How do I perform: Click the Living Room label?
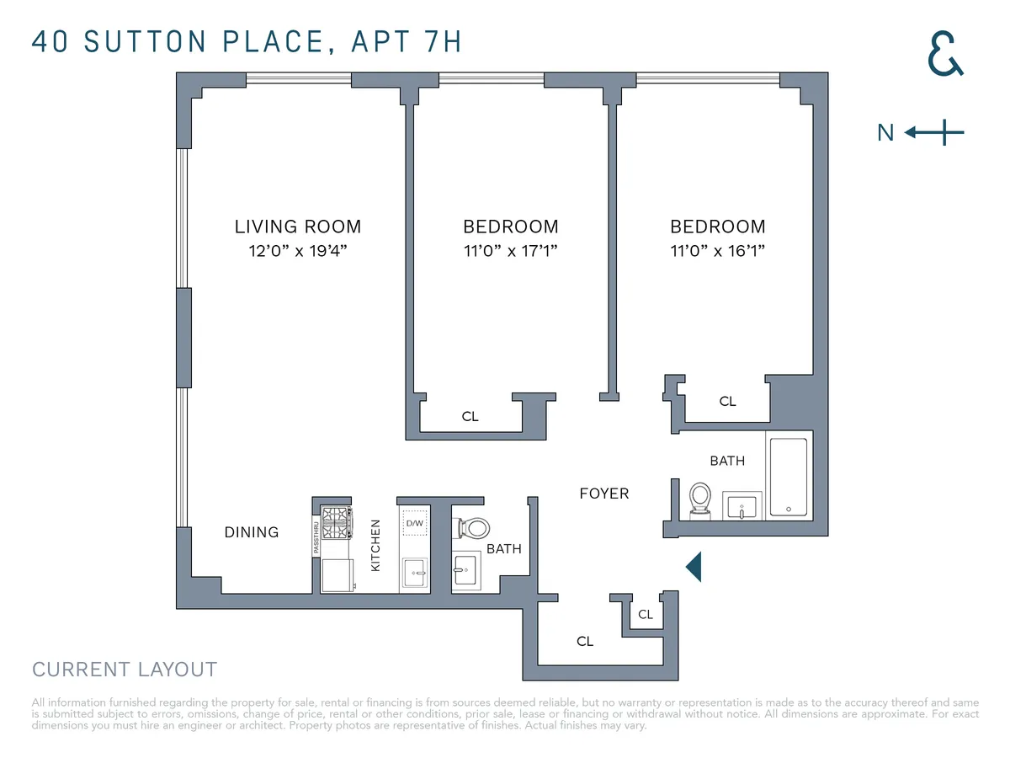pos(297,227)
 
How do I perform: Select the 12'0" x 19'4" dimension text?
pos(297,251)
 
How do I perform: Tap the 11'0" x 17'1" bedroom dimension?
pos(510,251)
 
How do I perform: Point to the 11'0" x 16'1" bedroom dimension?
pos(717,251)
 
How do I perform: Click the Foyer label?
pos(603,494)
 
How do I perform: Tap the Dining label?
pos(251,532)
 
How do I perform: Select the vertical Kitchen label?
pos(375,545)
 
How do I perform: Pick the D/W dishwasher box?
pos(414,522)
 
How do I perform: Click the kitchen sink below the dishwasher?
pos(414,573)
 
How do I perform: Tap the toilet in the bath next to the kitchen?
pos(473,528)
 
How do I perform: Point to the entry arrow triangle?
pos(694,567)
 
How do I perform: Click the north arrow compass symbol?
pos(934,132)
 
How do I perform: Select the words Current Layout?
pos(125,670)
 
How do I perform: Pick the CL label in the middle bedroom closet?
pos(470,416)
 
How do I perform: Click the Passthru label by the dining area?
pos(316,536)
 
